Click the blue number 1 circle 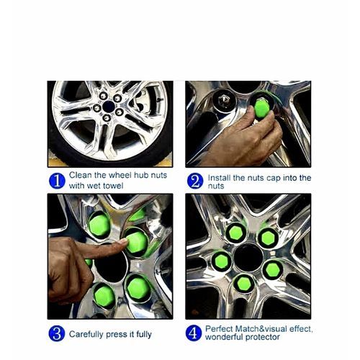57,181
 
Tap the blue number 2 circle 195,181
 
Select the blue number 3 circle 57,333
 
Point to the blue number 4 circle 194,333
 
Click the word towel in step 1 112,186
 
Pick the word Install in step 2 219,178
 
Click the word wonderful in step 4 224,337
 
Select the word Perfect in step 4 219,329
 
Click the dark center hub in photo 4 248,257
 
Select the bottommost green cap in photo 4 244,284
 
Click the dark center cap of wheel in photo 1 109,107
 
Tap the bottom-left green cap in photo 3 104,296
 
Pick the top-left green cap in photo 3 99,225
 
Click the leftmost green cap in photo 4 222,261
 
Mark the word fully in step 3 144,334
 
